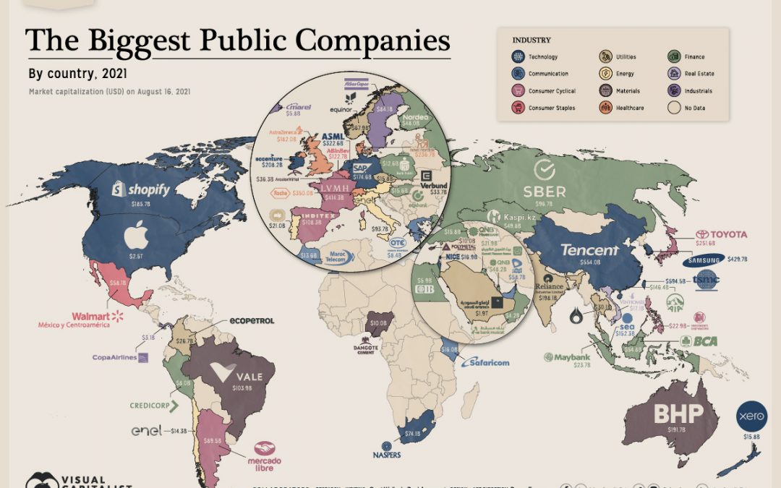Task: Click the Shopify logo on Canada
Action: click(x=141, y=190)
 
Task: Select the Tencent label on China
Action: click(x=590, y=250)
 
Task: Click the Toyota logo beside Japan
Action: click(x=721, y=235)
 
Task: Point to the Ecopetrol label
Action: click(x=251, y=320)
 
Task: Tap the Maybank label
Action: click(x=572, y=356)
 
